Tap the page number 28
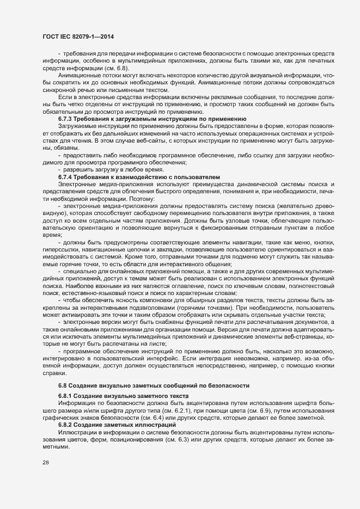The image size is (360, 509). point(45,463)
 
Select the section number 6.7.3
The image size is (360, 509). point(66,119)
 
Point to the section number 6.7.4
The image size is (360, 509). point(66,177)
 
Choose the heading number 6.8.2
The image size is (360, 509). point(66,424)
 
